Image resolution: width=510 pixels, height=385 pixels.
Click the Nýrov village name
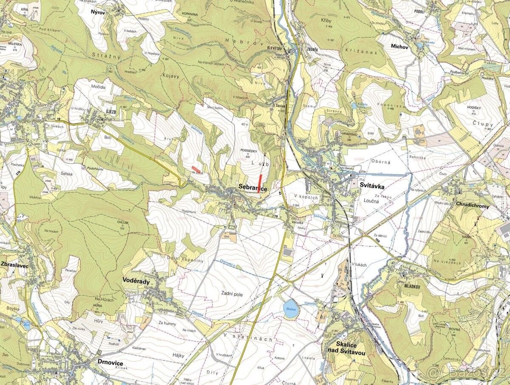pyautogui.click(x=98, y=12)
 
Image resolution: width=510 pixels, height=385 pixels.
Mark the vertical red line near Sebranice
pyautogui.click(x=260, y=184)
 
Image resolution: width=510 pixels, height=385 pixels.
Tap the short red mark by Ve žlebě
pyautogui.click(x=195, y=169)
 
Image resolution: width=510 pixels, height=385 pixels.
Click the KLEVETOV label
pyautogui.click(x=275, y=49)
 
